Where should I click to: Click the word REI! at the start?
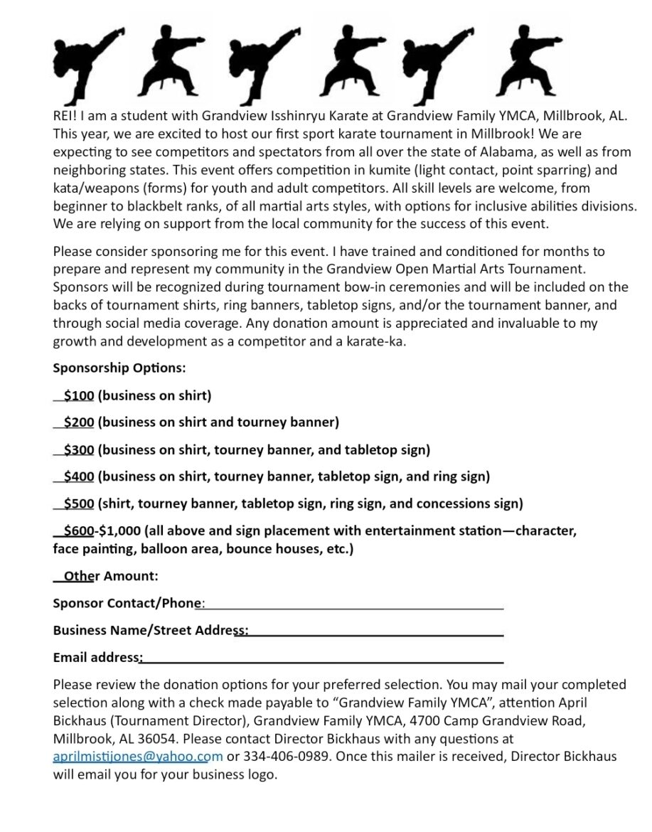point(66,116)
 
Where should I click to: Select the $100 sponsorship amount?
point(78,395)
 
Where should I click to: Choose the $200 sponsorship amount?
point(78,422)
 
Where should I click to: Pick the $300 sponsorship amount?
point(78,449)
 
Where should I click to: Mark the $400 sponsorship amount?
point(78,476)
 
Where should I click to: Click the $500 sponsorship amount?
point(78,503)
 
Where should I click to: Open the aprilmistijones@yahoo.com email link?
point(138,756)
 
